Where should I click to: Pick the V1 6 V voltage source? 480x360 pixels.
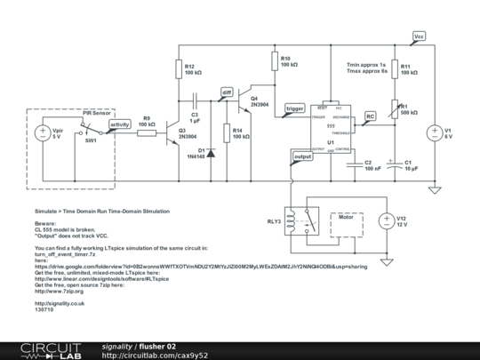click(435, 133)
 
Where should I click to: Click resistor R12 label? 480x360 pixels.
click(190, 69)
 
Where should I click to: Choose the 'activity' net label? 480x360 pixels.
click(117, 125)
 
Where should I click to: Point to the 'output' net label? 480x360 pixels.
click(302, 156)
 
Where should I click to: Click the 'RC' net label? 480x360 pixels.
click(370, 116)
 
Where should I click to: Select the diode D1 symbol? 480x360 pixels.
click(211, 152)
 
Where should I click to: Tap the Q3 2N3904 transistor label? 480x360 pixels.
click(187, 134)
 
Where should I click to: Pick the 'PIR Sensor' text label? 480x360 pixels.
click(96, 114)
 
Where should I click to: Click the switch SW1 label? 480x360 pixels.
click(91, 141)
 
